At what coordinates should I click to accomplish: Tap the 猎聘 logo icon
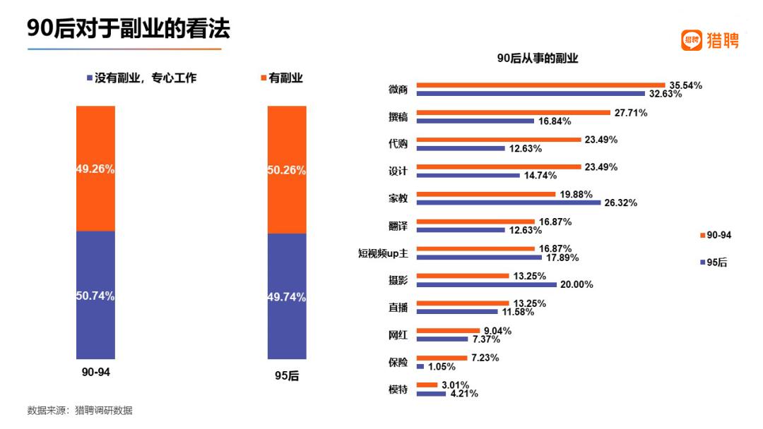692,40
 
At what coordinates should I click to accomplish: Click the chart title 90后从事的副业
537,59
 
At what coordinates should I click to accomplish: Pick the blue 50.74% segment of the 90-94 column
95,295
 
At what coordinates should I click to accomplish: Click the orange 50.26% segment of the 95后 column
287,169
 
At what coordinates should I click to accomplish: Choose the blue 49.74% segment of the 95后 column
287,296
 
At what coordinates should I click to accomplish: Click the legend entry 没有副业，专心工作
141,78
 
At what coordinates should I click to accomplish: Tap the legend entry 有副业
282,78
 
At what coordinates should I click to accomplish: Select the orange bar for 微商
540,85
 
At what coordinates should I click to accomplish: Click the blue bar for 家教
509,203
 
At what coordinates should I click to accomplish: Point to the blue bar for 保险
420,366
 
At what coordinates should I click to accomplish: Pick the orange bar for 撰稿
513,112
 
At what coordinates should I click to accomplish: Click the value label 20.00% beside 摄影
576,284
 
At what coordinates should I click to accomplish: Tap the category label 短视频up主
383,252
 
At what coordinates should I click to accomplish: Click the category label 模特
398,389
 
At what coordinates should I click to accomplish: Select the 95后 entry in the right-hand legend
713,262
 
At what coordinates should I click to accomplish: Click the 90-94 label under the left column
95,372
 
